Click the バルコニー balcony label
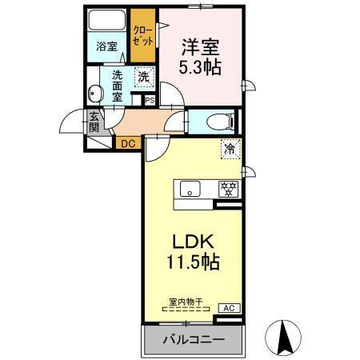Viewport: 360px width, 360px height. click(x=190, y=339)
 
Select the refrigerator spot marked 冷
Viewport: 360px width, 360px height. click(x=230, y=148)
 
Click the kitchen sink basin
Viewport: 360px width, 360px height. click(x=190, y=190)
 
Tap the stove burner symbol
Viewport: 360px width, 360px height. click(x=229, y=190)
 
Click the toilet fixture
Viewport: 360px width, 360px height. click(x=217, y=122)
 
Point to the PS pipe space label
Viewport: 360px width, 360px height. click(x=148, y=100)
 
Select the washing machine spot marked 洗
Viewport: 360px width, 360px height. click(x=142, y=78)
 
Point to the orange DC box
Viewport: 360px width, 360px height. click(x=127, y=144)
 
